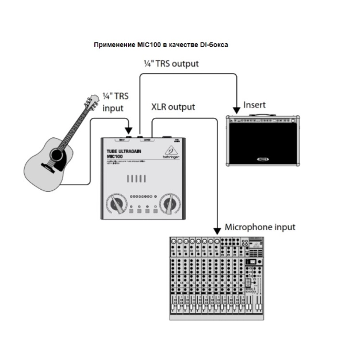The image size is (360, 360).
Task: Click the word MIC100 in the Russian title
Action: tap(148, 44)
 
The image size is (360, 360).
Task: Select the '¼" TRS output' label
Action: tap(171, 64)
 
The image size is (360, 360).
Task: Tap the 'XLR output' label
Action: tap(173, 107)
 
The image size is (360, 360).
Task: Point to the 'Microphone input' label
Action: tap(259, 227)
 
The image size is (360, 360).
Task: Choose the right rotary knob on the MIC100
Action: tap(170, 202)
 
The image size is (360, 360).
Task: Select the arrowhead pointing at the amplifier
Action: tap(236, 110)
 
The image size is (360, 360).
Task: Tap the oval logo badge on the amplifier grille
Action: tap(264, 158)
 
